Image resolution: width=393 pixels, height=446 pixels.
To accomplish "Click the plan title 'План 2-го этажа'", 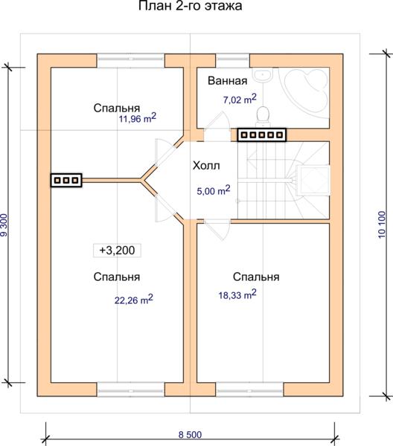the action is [191, 6].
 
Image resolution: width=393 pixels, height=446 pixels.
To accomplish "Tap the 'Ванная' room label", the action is [227, 81].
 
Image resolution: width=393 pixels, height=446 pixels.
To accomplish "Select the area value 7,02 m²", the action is [240, 99].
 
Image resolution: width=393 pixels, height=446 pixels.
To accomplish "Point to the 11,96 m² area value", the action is [138, 117].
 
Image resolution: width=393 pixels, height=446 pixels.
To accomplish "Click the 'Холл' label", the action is [206, 166].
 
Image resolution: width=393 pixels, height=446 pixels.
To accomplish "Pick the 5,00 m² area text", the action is [214, 190].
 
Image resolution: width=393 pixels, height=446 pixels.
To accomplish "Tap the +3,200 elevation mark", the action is [117, 251].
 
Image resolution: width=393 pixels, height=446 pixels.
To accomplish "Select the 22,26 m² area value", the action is [133, 300].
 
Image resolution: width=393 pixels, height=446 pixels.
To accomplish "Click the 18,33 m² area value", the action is [237, 294].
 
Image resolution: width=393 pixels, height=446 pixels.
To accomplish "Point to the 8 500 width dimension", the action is [190, 435].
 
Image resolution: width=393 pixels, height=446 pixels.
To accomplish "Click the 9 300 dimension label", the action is [4, 225].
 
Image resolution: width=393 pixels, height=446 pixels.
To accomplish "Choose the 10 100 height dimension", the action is [382, 224].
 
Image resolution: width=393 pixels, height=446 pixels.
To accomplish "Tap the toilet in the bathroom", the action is [263, 117].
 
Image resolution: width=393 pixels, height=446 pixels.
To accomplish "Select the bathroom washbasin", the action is [263, 75].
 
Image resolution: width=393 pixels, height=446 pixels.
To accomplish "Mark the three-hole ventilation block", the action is [66, 180].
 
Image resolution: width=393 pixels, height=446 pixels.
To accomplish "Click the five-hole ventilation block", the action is [262, 135].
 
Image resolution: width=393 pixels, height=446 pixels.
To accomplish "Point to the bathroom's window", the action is [233, 61].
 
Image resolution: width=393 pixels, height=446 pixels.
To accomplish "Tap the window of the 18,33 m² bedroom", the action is [249, 390].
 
